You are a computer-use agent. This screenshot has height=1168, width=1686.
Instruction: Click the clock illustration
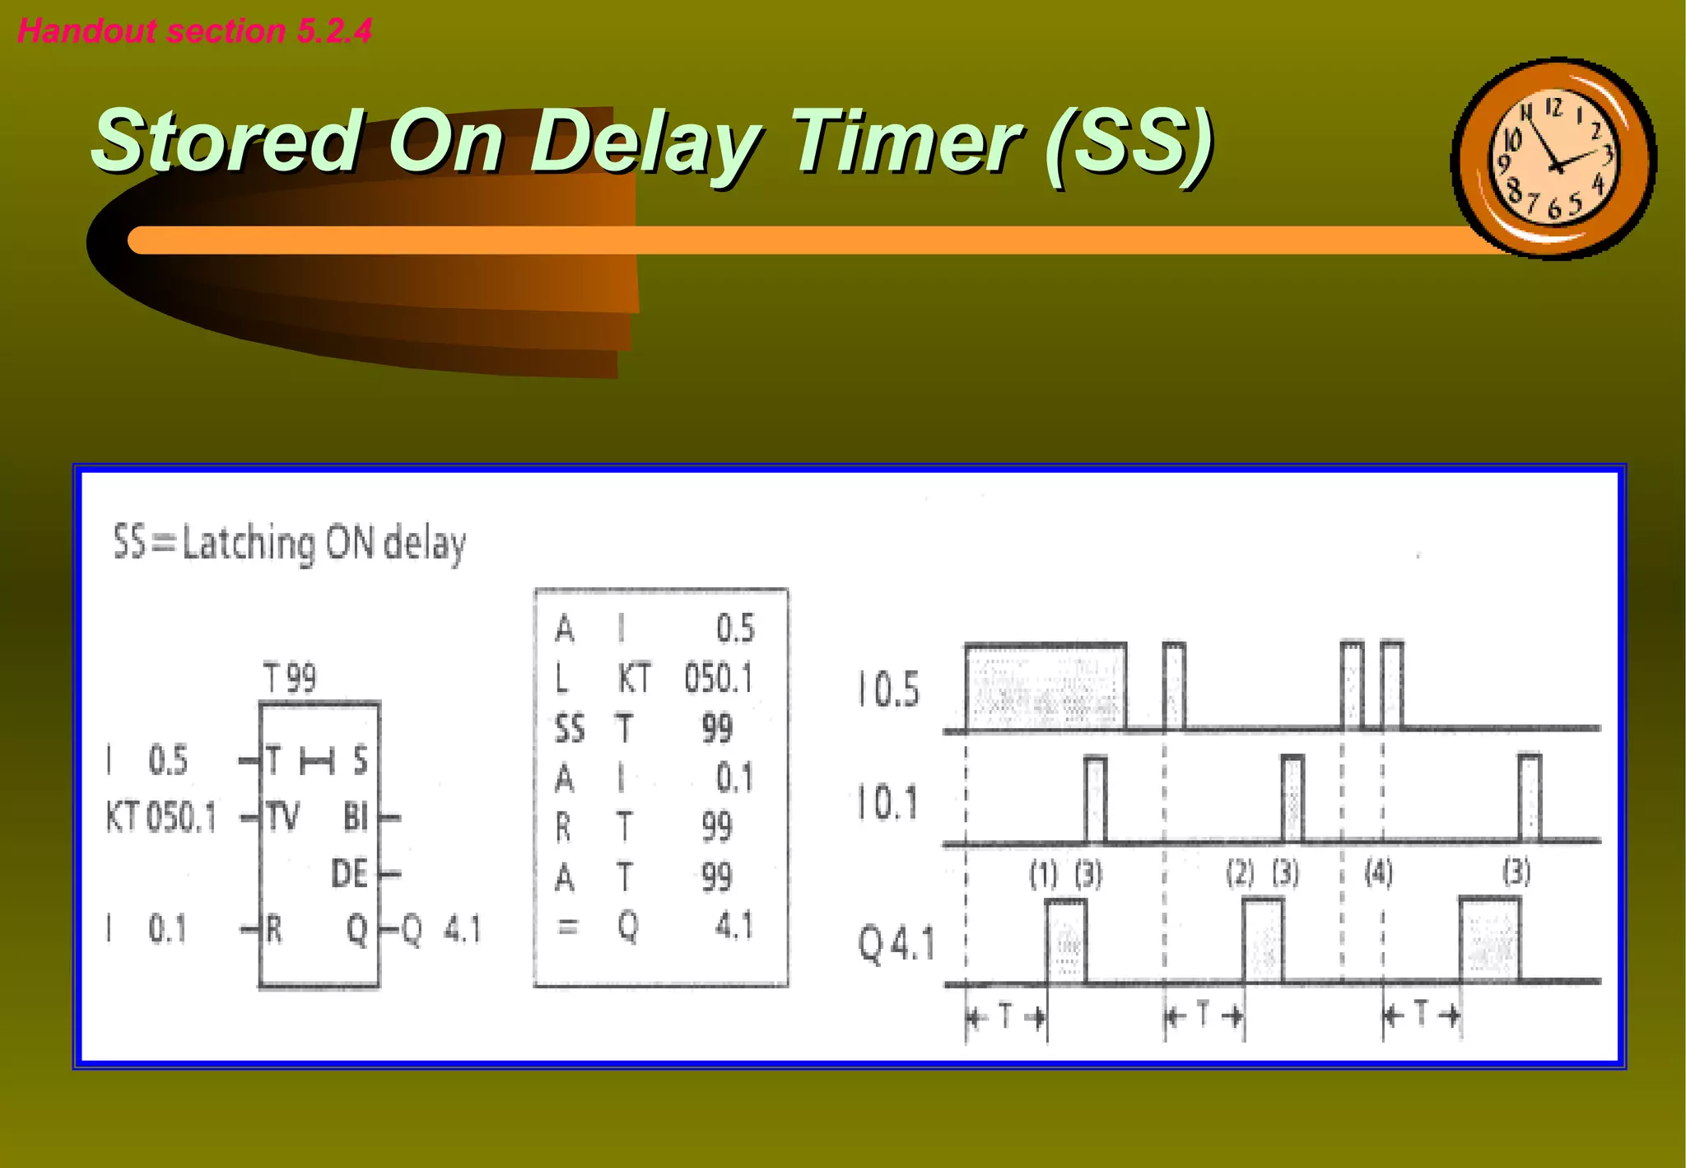tap(1553, 159)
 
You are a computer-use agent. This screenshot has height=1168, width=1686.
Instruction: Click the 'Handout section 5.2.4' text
tap(194, 30)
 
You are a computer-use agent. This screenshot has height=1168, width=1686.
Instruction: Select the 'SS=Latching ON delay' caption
tap(289, 544)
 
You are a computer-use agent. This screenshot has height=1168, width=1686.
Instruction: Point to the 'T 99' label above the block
tap(290, 679)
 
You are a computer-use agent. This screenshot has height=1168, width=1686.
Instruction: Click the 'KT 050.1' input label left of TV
tap(161, 818)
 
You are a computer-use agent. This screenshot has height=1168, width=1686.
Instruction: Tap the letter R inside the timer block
tap(274, 929)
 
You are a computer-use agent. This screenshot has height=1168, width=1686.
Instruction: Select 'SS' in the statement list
tap(569, 729)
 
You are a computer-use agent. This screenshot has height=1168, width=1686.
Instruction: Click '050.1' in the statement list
tap(719, 679)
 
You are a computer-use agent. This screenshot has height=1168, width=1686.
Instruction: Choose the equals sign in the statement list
tap(566, 927)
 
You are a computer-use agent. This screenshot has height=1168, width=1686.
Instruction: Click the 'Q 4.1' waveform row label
tap(897, 943)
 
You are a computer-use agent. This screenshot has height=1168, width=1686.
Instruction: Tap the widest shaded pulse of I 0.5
tap(1046, 687)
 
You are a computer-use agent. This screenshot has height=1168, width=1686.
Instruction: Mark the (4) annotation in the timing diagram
tap(1379, 872)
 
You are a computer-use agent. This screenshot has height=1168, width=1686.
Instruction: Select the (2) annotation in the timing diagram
tap(1240, 873)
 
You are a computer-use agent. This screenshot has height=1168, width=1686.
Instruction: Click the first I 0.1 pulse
tap(1095, 799)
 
